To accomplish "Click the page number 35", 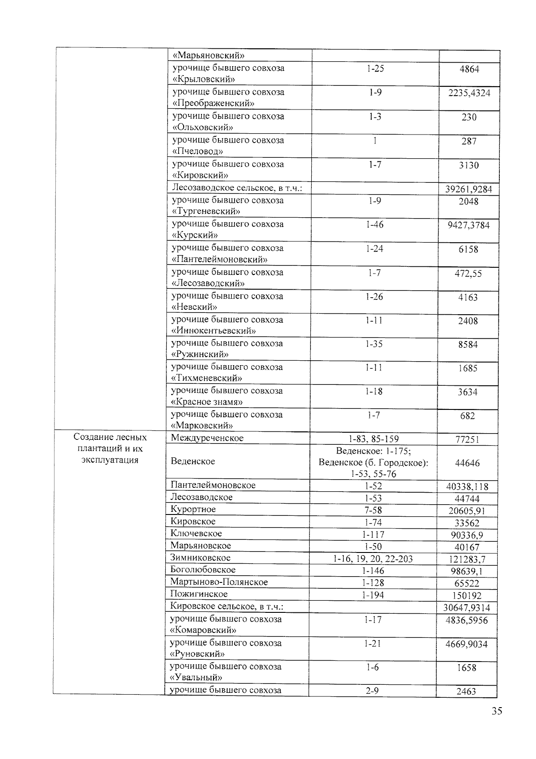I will click(x=497, y=711).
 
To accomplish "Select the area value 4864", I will click(x=469, y=69).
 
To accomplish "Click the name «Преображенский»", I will click(x=214, y=103).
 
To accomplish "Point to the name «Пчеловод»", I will click(x=197, y=151).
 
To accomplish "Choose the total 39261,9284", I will click(x=469, y=189).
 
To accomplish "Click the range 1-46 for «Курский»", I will click(x=374, y=224).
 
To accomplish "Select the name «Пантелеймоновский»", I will click(x=220, y=259).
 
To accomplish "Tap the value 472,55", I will click(x=468, y=273).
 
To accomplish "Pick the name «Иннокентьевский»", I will click(x=214, y=331).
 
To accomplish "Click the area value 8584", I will click(x=468, y=345).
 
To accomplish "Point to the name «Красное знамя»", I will click(x=207, y=402).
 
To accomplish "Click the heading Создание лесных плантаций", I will click(x=110, y=437).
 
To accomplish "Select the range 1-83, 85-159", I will click(x=373, y=439).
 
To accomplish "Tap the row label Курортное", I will click(x=193, y=509).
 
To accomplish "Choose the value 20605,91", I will click(x=467, y=511).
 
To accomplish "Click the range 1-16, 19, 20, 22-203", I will click(x=373, y=559).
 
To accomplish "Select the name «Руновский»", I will click(x=197, y=654).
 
